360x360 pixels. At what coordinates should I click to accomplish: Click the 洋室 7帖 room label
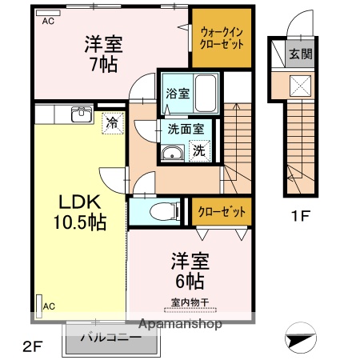103,54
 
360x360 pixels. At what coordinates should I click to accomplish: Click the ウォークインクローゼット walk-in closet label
220,38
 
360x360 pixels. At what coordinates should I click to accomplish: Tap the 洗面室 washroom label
185,128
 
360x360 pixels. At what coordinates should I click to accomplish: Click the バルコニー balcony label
111,338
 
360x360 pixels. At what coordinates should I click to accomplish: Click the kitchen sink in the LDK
80,114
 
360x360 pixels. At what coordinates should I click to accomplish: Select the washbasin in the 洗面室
171,154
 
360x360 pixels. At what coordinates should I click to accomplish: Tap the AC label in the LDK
49,306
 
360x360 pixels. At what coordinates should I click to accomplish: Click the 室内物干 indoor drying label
189,302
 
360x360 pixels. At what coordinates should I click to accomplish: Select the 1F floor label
300,215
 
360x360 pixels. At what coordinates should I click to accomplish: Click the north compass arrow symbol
302,338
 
